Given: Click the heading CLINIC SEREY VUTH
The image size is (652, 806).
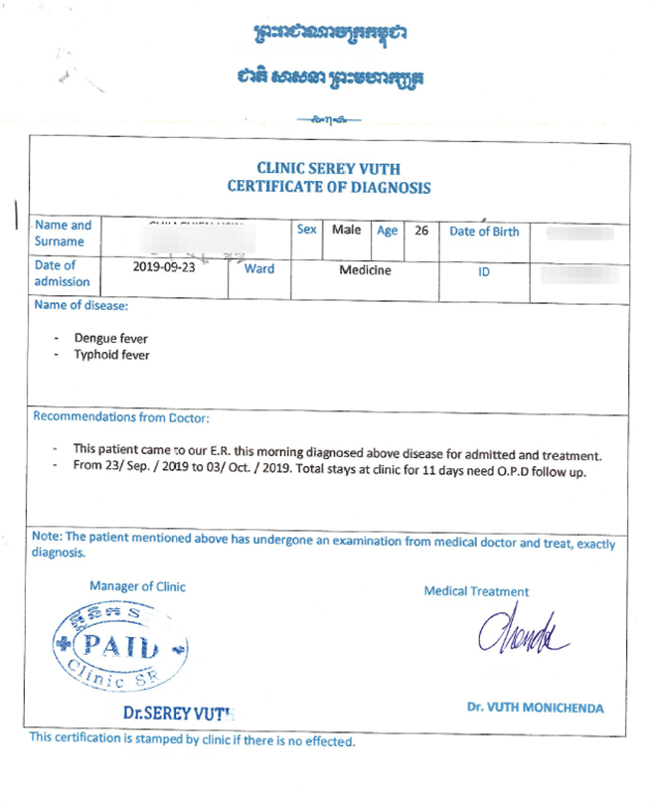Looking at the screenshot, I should (x=329, y=169).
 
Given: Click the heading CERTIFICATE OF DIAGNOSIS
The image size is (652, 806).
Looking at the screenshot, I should (x=329, y=187).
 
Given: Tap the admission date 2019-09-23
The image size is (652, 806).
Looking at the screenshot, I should (x=164, y=267).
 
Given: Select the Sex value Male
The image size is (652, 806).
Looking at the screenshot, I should (x=346, y=230).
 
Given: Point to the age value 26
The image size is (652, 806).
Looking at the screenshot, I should (x=421, y=231).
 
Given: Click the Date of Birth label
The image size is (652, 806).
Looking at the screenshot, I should (x=484, y=232).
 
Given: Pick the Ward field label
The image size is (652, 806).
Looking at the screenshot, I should (x=259, y=268).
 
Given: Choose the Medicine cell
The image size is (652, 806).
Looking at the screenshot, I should (x=365, y=269).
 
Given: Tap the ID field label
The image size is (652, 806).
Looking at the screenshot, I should (x=484, y=270).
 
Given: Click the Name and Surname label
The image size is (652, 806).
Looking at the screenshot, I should (x=63, y=233).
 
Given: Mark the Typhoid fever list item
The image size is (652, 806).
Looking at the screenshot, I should (x=112, y=354).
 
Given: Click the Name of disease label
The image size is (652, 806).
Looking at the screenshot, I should (x=81, y=305).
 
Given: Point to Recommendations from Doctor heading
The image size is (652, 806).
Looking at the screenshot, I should (x=121, y=417).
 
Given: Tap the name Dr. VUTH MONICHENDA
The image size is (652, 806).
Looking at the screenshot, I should (x=535, y=709).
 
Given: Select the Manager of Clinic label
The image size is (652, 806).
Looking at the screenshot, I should (x=137, y=586).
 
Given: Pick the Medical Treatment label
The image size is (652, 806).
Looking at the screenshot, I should (x=476, y=591).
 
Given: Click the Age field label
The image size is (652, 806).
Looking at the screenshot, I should (x=387, y=231).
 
